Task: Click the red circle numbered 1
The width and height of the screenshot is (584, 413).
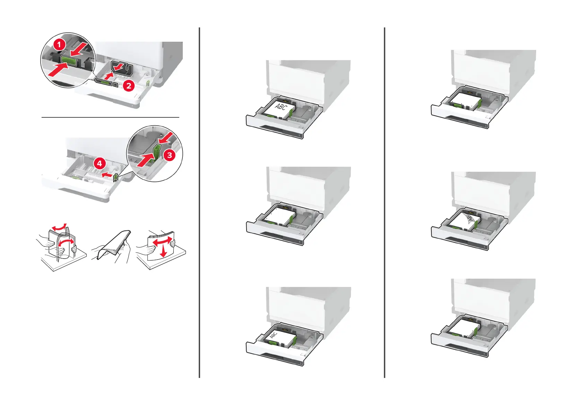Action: pyautogui.click(x=59, y=44)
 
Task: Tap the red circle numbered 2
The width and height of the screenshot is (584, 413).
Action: pyautogui.click(x=129, y=85)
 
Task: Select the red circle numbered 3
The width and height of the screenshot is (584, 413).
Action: pyautogui.click(x=169, y=155)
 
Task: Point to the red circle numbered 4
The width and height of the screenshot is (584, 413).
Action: pyautogui.click(x=100, y=163)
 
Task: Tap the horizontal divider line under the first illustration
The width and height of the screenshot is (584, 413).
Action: pyautogui.click(x=110, y=117)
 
